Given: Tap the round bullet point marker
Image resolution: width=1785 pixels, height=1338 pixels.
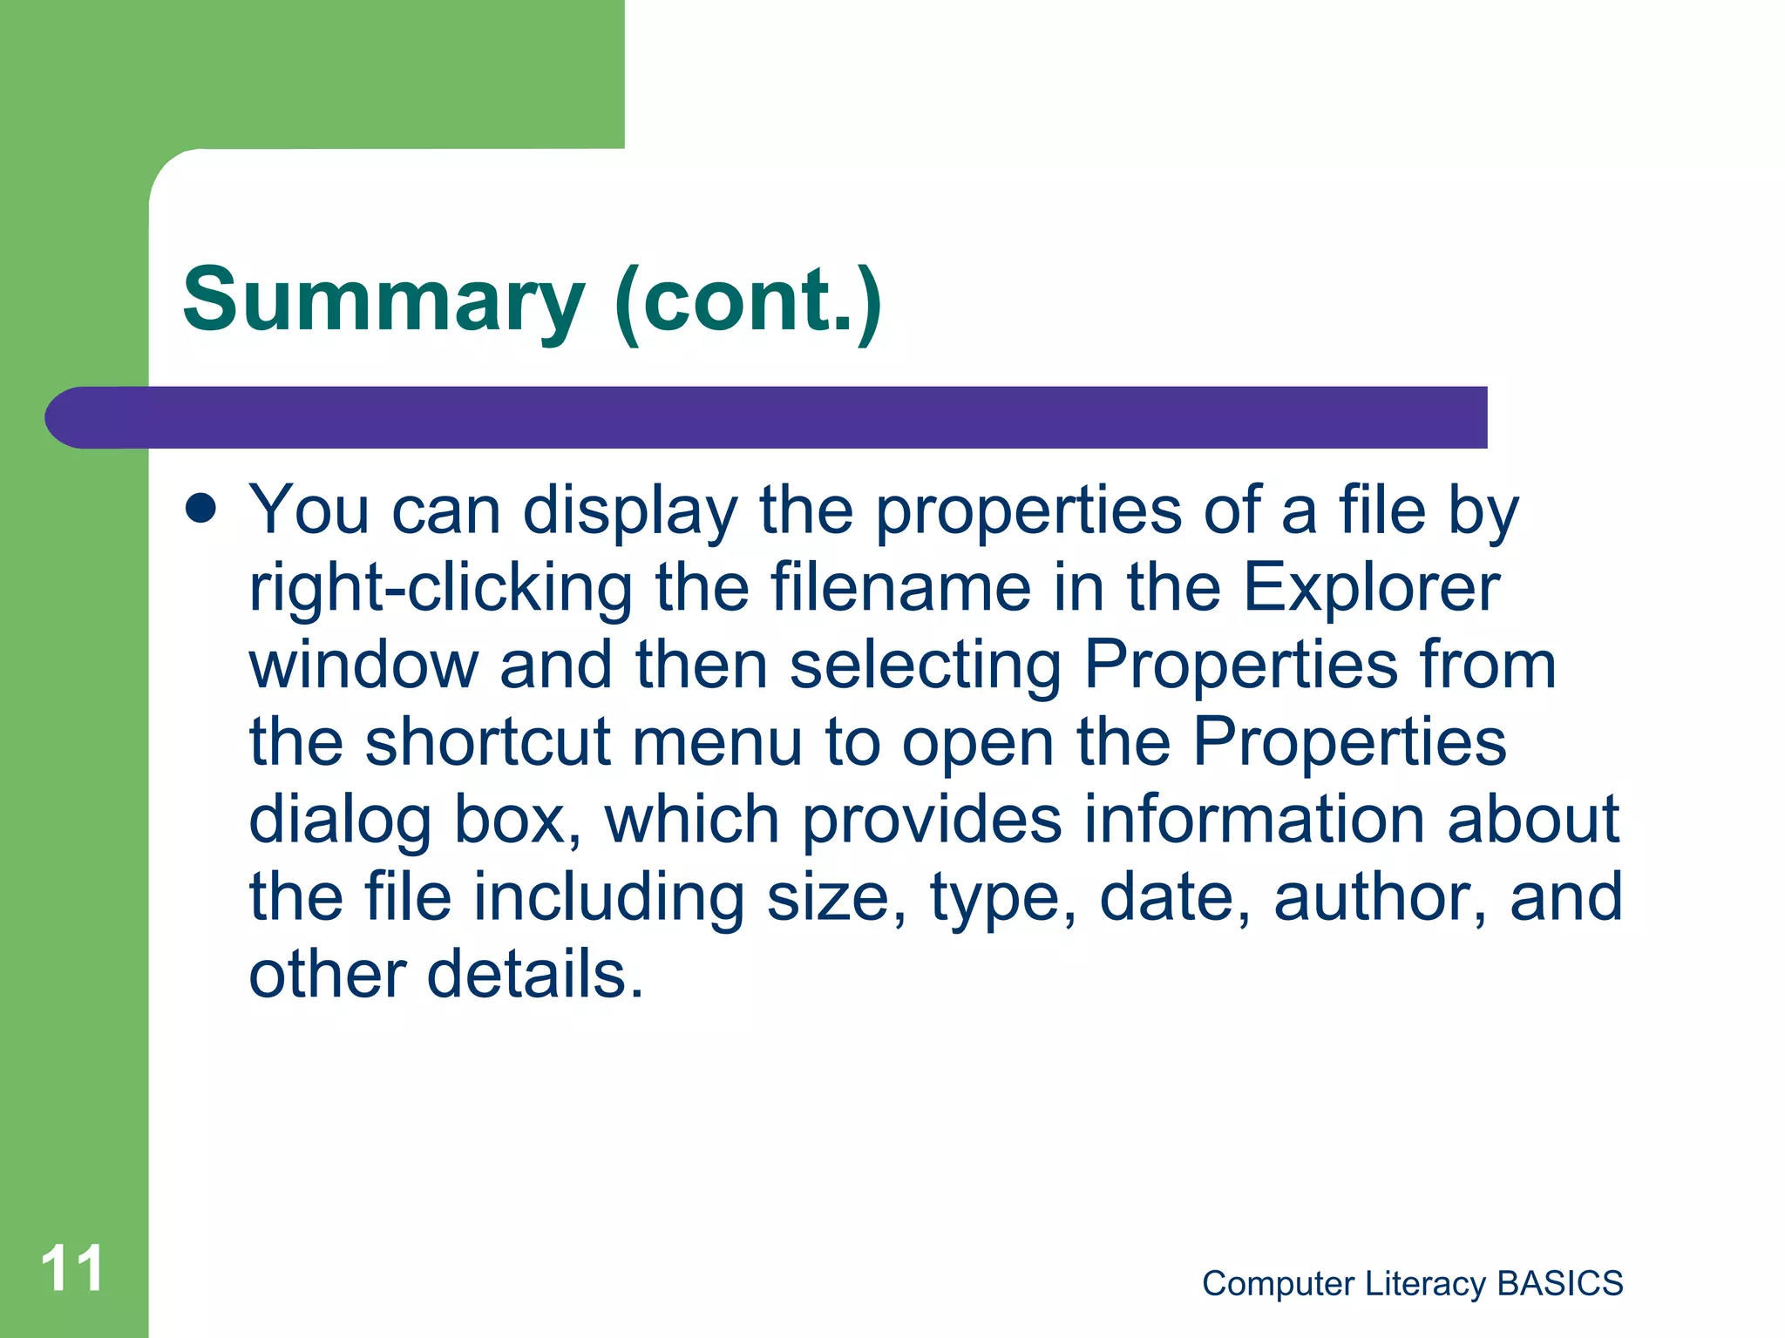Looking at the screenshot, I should click(x=201, y=509).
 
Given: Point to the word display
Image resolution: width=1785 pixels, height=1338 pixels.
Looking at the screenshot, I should click(x=629, y=512).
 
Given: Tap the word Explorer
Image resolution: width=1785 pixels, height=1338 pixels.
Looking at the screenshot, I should click(x=1371, y=589).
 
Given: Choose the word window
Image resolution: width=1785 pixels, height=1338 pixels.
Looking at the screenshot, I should click(x=363, y=665).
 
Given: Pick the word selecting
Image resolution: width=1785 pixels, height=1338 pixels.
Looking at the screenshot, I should click(x=925, y=666).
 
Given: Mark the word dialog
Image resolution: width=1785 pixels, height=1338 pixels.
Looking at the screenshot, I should click(x=340, y=821).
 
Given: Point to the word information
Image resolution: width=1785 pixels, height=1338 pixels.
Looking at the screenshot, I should click(x=1253, y=820).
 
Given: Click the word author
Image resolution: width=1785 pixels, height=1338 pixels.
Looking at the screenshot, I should click(x=1379, y=897).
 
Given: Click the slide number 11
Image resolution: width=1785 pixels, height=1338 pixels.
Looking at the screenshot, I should click(x=71, y=1269).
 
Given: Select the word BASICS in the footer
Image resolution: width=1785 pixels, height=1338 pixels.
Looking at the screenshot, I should click(x=1559, y=1283).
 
